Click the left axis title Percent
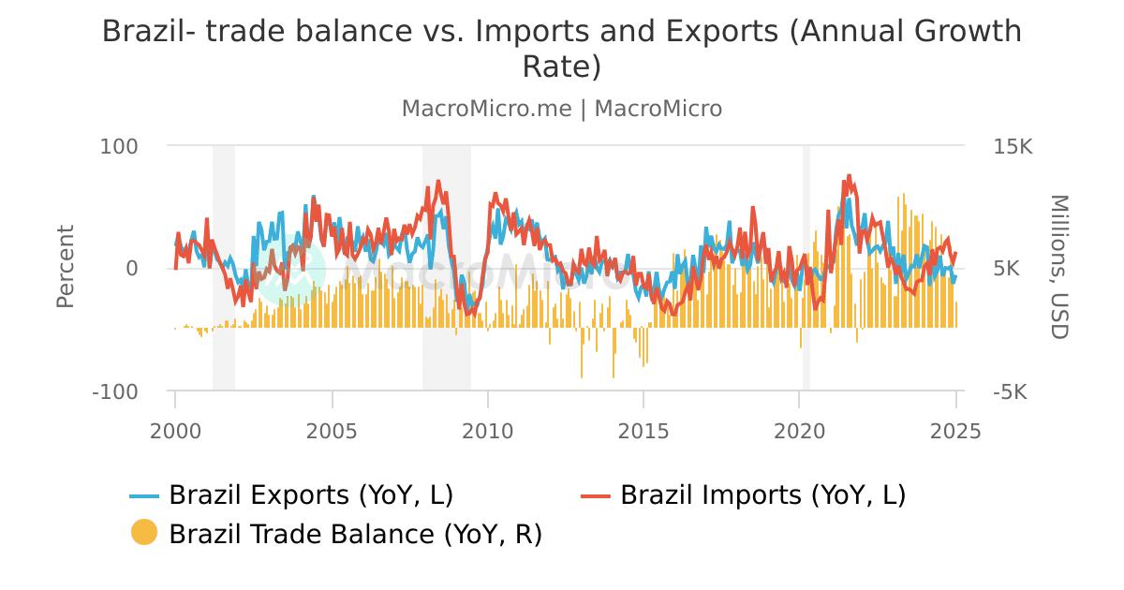click(65, 267)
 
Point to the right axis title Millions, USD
click(1059, 267)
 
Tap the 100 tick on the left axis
click(119, 147)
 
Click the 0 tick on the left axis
click(131, 269)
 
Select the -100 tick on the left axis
click(115, 391)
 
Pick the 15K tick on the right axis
click(1013, 147)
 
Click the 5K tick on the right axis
click(1007, 269)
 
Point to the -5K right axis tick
click(1009, 391)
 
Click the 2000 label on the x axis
click(175, 432)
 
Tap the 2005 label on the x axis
click(332, 432)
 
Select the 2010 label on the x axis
click(487, 432)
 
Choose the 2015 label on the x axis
click(643, 432)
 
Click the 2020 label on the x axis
click(799, 432)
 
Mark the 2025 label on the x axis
click(955, 432)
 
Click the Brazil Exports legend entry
click(311, 494)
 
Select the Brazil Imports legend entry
click(762, 494)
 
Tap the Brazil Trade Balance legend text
click(356, 534)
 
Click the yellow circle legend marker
click(144, 534)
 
